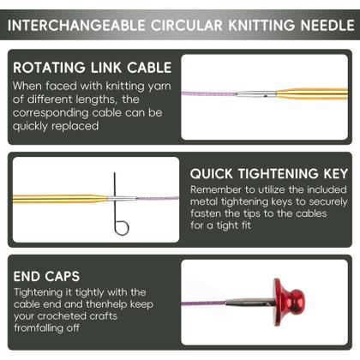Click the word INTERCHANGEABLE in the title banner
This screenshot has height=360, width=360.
click(76, 26)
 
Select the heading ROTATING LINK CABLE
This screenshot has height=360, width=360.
click(93, 68)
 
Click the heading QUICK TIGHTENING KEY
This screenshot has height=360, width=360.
click(269, 174)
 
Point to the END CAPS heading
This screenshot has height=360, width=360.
click(46, 276)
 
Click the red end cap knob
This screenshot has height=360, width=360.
click(289, 302)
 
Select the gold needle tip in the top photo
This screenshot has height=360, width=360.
click(312, 94)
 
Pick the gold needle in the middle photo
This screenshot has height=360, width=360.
click(59, 199)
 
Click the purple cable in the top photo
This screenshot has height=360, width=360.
click(209, 93)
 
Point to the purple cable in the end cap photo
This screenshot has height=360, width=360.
click(204, 303)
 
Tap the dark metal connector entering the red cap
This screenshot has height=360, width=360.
click(250, 303)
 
